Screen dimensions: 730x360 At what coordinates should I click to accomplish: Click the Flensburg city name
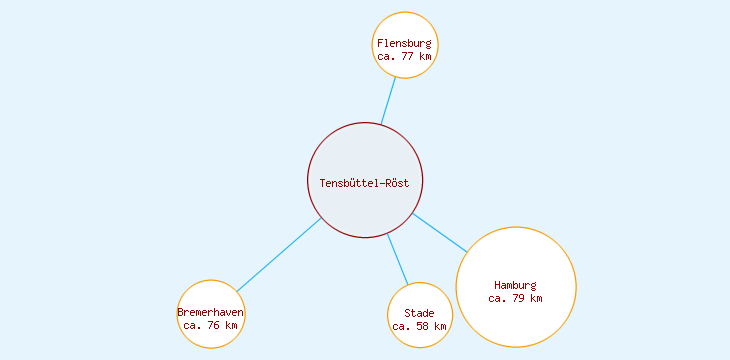coord(405,44)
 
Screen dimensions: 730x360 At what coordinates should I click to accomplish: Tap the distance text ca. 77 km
coord(405,57)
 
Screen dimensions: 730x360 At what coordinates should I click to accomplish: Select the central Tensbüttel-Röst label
coord(365,182)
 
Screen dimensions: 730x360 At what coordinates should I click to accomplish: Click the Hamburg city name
coord(516,285)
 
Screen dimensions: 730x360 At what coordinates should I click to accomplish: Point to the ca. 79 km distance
coord(516,298)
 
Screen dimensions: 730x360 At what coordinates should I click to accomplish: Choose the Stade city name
coord(420,314)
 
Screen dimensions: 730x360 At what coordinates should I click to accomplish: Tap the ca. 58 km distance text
coord(420,326)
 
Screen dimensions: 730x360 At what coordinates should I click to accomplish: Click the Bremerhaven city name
coord(211,313)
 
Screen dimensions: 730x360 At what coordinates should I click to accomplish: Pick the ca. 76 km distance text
coord(211,326)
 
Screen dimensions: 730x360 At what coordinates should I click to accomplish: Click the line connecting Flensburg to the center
coord(388,101)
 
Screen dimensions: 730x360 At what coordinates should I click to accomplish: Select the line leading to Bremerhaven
coord(279,255)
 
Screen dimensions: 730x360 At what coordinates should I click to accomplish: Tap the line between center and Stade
coord(398,259)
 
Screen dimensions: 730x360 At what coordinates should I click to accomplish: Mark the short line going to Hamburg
coord(440,232)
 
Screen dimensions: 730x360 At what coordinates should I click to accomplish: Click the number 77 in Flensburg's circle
coord(408,57)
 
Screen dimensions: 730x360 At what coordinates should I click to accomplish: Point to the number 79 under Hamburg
coord(519,298)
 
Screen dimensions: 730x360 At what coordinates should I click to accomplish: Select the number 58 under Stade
coord(423,326)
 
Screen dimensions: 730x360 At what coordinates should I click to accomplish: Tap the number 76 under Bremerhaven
coord(214,326)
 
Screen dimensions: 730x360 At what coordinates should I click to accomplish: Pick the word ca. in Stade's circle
coord(401,326)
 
